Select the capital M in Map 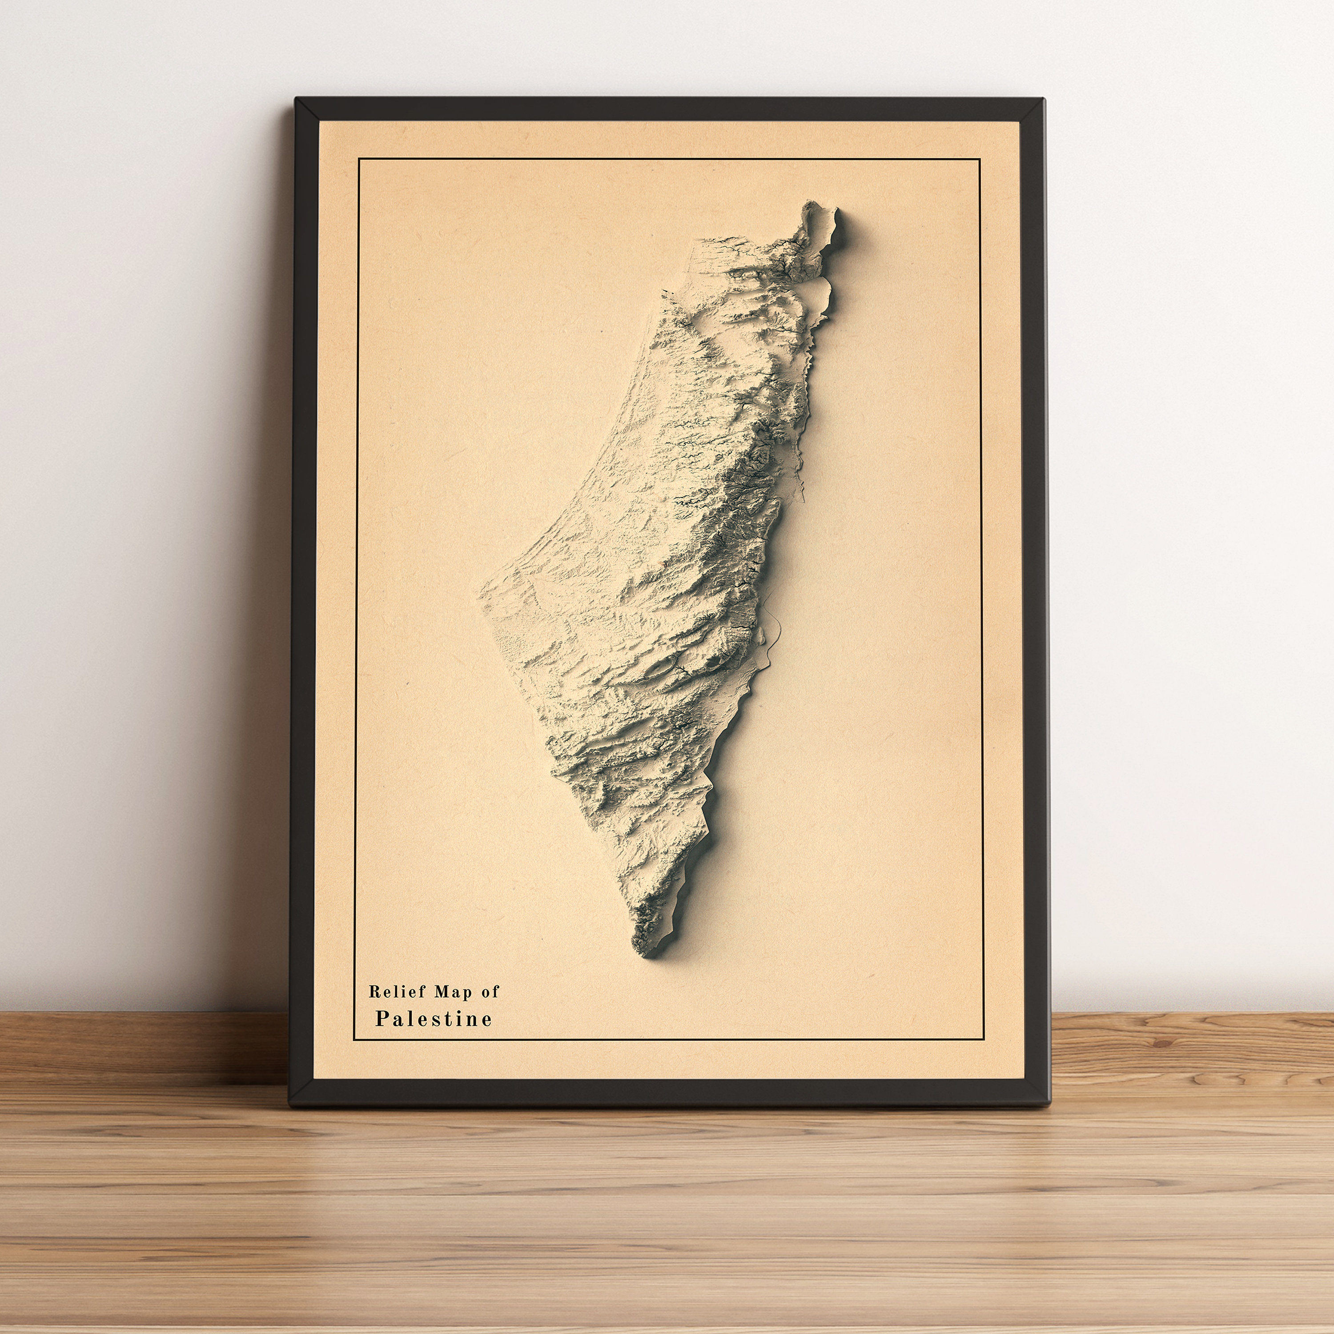coord(441,992)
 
